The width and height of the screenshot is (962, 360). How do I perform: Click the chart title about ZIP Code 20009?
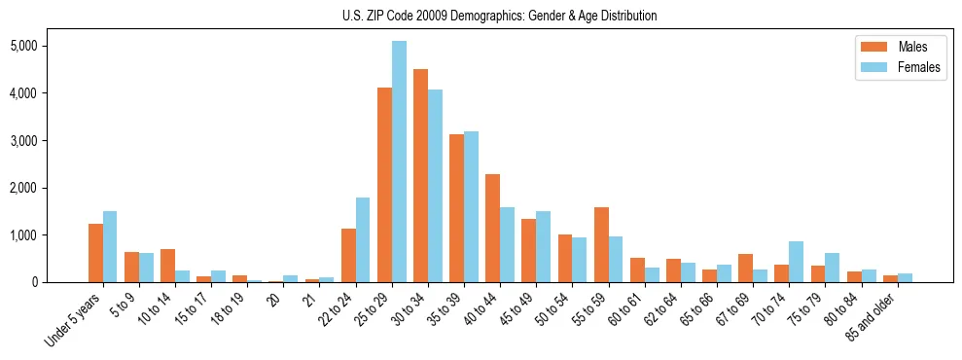coord(500,16)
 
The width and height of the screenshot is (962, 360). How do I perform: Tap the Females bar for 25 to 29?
coord(399,162)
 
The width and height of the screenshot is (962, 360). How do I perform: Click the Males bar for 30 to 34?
coord(420,175)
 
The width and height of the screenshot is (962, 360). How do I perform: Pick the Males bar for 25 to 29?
coord(384,185)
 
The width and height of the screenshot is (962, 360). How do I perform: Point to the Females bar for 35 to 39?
coord(471,206)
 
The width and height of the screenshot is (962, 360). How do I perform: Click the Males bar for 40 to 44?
coord(492,228)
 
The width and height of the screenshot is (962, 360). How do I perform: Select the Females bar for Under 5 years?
coord(110,246)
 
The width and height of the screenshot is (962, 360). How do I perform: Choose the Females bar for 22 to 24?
coord(363,239)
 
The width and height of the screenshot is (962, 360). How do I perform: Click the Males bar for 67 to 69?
coord(745,269)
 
